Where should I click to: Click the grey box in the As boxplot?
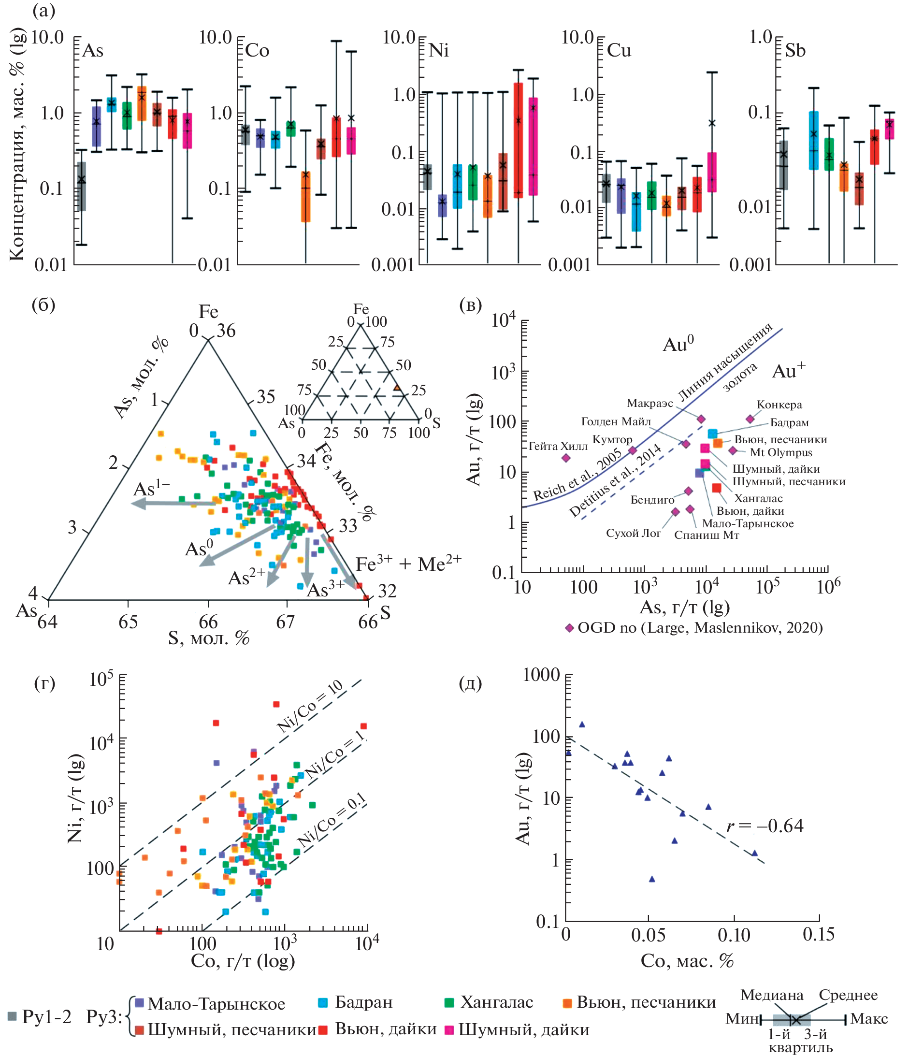[81, 186]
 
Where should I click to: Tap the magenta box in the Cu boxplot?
[711, 172]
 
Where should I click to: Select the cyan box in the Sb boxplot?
[814, 140]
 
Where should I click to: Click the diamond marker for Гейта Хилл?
[566, 458]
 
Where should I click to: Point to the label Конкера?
[779, 405]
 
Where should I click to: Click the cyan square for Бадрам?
[713, 434]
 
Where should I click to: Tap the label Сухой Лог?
[633, 533]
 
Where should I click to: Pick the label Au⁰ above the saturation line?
[678, 344]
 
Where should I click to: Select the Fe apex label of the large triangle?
[208, 312]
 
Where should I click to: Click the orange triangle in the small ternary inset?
[397, 388]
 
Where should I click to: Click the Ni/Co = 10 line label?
[310, 707]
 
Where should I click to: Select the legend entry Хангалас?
[496, 1002]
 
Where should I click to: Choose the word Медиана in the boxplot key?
[772, 995]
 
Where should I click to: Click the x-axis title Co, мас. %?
[687, 961]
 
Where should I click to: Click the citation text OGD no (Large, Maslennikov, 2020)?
[700, 627]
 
